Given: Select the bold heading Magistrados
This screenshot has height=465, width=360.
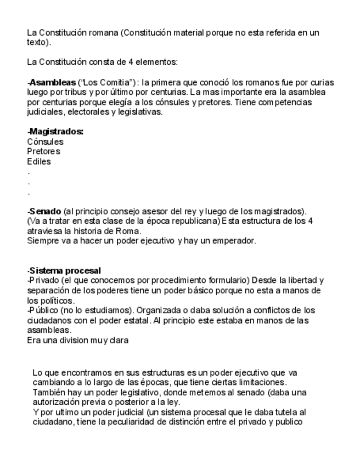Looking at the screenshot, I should pos(56,132).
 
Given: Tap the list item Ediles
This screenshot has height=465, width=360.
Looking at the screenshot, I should pos(39,161).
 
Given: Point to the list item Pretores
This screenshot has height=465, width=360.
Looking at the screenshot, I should pos(43,151).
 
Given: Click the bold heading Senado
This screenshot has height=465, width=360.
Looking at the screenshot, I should pos(46,211).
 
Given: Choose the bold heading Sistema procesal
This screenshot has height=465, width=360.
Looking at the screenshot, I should pos(65,270).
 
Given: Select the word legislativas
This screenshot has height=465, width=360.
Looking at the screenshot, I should pos(142,112).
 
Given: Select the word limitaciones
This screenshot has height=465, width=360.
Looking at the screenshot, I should pos(260,382).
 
